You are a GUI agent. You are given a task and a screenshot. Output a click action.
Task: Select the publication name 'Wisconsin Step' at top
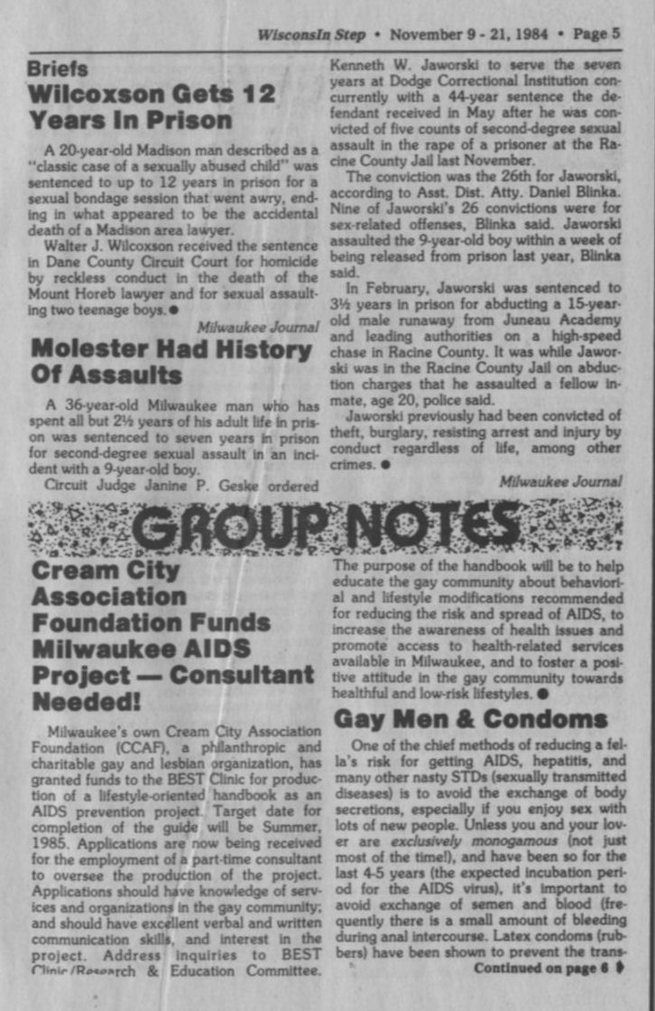(x=311, y=34)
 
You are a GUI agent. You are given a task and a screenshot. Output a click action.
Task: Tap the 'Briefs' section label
(x=58, y=69)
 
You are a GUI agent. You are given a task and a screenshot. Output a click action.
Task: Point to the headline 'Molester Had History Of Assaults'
(x=171, y=360)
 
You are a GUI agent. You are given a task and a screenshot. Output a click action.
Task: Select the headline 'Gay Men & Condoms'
(x=470, y=719)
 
